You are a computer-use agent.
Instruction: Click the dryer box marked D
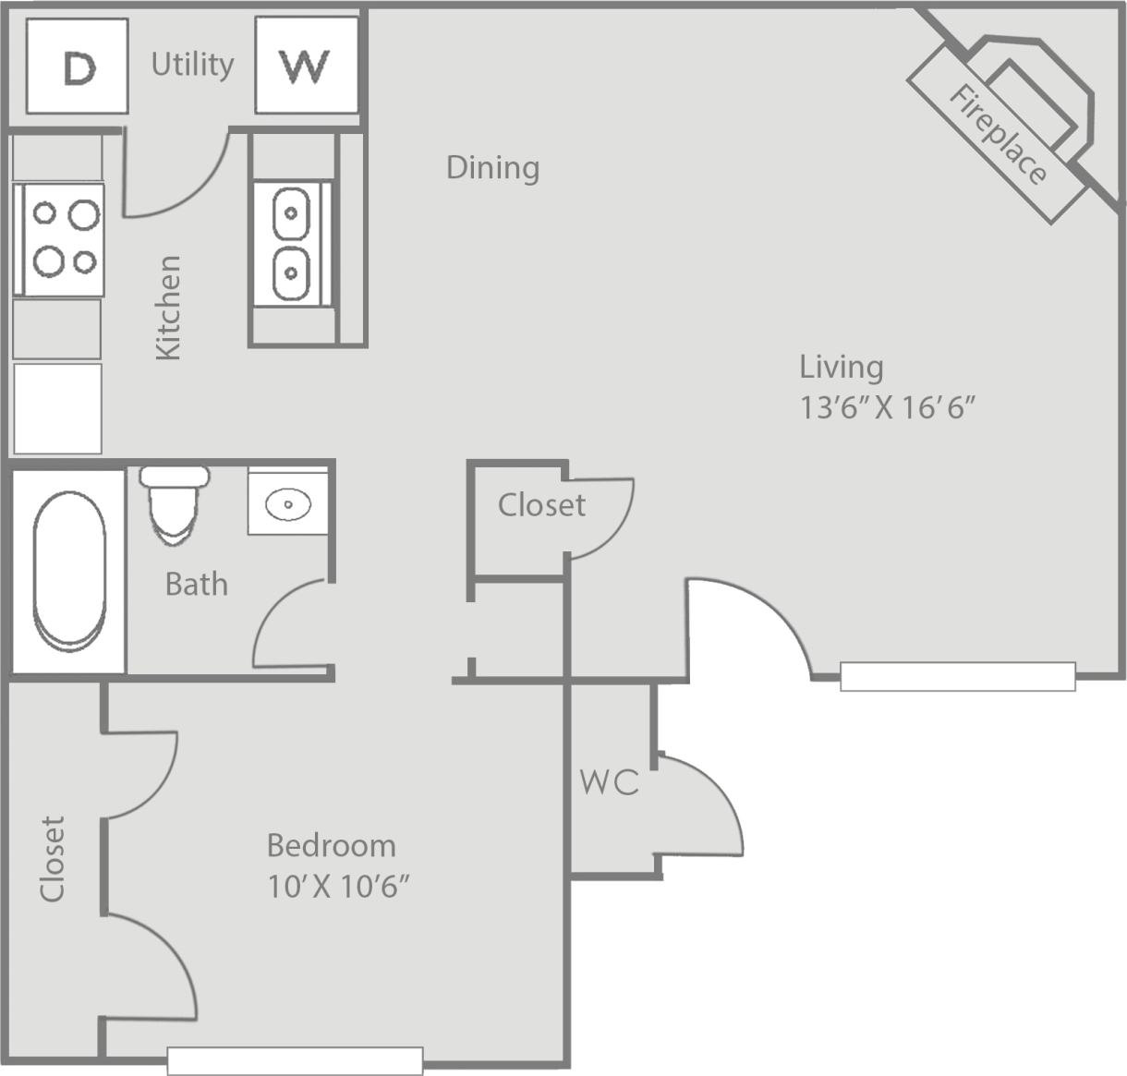click(77, 66)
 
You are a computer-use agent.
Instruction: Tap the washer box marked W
click(306, 66)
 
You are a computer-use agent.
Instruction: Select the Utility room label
click(192, 65)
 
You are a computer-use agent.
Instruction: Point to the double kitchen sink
click(291, 244)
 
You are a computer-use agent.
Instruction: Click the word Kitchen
click(168, 308)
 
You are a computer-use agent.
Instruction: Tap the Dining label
click(492, 167)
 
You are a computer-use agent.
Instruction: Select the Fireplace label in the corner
click(999, 135)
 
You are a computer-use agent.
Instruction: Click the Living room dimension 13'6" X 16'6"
click(888, 407)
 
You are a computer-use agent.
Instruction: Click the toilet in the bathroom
click(174, 504)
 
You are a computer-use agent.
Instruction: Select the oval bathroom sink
click(288, 504)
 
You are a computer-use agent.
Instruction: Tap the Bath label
click(196, 584)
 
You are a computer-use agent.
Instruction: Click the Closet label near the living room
click(541, 505)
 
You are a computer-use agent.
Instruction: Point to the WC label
click(609, 782)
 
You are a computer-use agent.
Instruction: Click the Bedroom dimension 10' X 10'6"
click(338, 887)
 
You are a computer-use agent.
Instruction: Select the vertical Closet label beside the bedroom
click(53, 858)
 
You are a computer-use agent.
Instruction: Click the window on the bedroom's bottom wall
click(295, 1060)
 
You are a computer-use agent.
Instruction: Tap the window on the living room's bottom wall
click(957, 677)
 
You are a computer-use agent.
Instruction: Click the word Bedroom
click(331, 845)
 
